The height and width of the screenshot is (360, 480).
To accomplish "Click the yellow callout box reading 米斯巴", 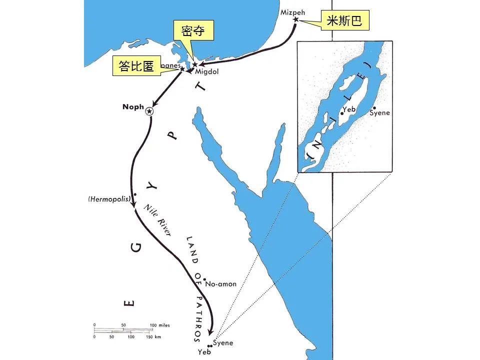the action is [x=343, y=20].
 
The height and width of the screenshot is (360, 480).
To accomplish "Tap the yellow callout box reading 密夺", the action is [x=193, y=31].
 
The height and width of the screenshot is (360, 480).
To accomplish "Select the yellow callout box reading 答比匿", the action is [x=136, y=66].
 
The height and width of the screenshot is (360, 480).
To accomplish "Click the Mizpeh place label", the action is [x=292, y=11].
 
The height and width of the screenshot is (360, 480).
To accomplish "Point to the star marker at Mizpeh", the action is [x=295, y=19].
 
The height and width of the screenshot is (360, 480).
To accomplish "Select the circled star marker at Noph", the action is [x=149, y=111].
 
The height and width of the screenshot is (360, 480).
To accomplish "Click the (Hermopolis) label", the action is [x=109, y=199].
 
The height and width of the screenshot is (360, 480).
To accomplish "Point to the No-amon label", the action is [x=220, y=284].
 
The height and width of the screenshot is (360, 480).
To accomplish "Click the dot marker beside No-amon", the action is [x=204, y=279].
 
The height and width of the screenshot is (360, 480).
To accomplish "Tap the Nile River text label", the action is [x=157, y=220].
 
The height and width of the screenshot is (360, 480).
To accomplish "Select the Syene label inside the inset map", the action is [x=379, y=113].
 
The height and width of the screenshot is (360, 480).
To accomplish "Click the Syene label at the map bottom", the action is [x=223, y=343].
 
